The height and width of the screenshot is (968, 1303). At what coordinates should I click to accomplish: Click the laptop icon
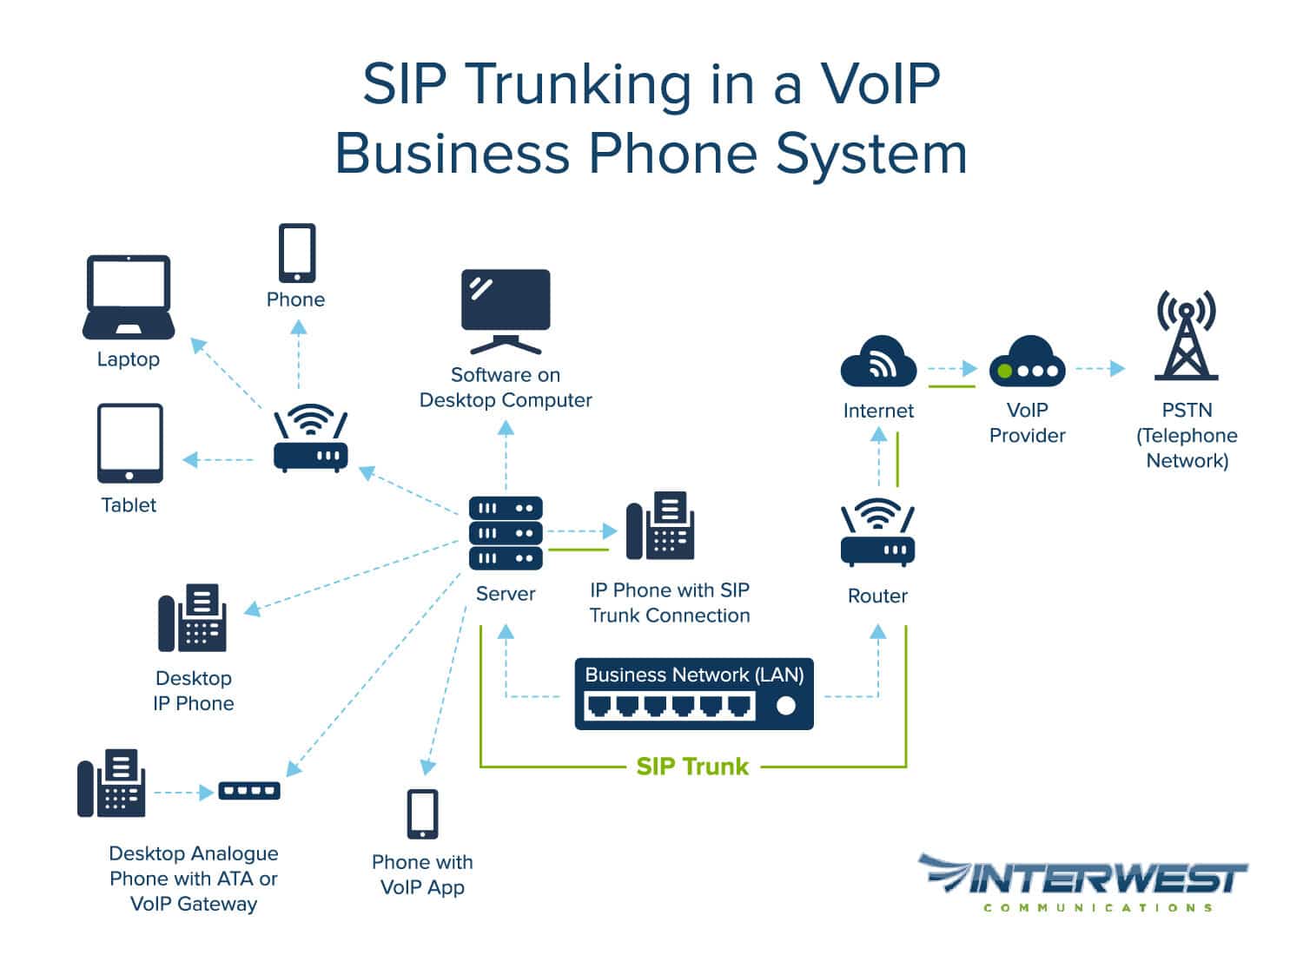129,297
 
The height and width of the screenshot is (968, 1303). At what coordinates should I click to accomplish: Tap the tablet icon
129,443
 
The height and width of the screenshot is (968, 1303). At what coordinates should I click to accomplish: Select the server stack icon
506,532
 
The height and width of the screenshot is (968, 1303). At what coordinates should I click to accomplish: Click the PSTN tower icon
1186,336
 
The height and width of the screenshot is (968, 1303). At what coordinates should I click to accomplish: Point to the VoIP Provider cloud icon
1027,362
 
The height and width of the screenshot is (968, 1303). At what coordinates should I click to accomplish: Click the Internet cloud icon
878,362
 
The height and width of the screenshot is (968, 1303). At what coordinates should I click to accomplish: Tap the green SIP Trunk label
692,767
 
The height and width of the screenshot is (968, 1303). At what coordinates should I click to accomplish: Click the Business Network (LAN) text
694,675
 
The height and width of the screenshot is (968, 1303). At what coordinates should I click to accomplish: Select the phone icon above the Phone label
297,253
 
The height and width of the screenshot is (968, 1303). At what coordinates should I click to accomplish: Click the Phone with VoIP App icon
423,814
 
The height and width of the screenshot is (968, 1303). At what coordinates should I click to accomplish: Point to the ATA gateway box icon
248,791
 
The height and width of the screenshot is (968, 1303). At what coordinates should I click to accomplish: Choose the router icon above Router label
877,534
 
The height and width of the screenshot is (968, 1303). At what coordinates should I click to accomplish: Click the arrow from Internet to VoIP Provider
953,369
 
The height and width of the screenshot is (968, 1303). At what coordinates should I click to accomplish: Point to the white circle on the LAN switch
785,706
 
